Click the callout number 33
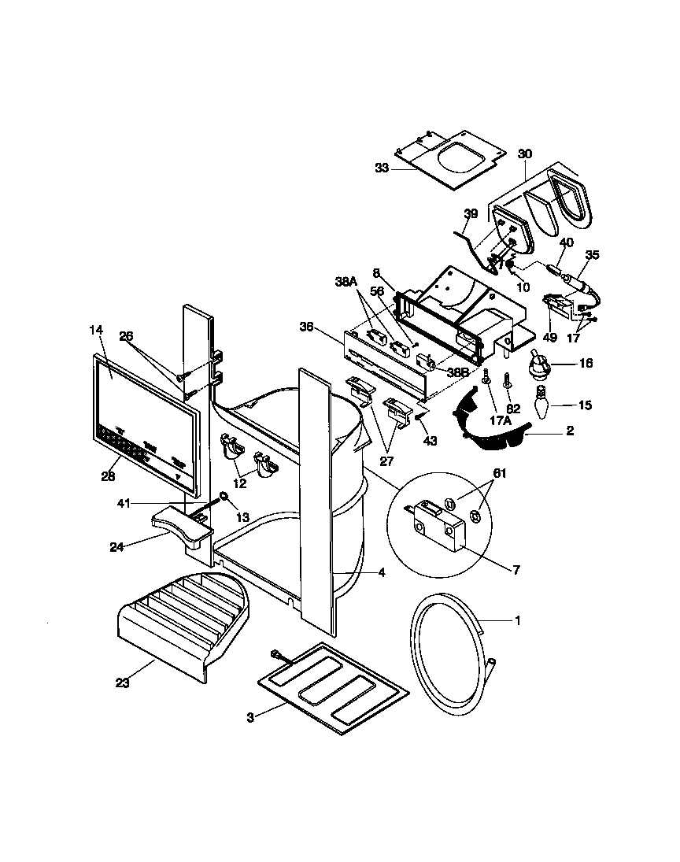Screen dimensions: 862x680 (382, 168)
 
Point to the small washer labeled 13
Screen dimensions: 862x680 (224, 497)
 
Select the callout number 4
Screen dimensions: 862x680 (381, 573)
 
